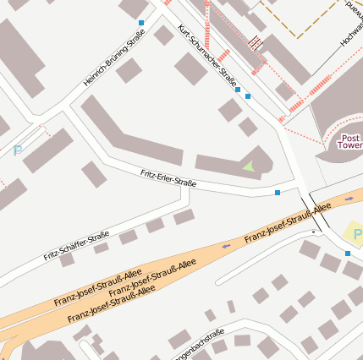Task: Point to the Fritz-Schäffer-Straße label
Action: pos(76,245)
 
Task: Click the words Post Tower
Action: pos(350,141)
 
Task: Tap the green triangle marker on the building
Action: pos(248,167)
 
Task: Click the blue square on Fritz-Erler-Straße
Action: pos(278,194)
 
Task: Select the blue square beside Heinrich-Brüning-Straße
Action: pos(140,22)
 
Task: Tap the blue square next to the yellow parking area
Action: pos(347,254)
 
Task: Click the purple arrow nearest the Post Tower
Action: pos(349,199)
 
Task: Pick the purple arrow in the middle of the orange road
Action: pos(225,246)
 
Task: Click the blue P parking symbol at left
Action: pos(17,151)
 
